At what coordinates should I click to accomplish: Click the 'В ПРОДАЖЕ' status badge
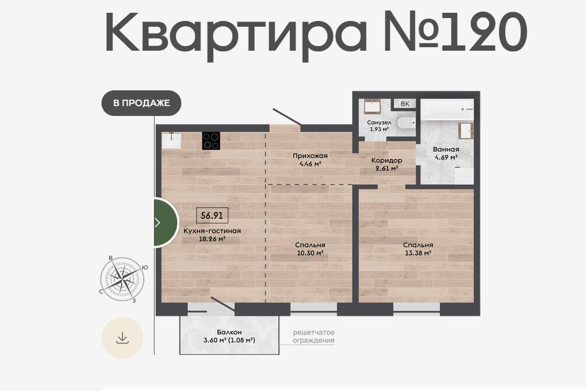tap(141, 103)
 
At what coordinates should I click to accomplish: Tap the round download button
tap(122, 338)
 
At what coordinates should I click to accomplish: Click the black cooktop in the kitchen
tap(211, 141)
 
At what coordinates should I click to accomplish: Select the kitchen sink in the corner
tap(171, 140)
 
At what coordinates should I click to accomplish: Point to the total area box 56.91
tap(212, 216)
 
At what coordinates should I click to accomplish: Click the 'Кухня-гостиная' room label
tap(212, 231)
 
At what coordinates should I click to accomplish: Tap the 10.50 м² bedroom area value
tap(310, 253)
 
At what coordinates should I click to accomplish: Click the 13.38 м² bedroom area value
tap(418, 253)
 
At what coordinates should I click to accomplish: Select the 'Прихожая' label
tap(310, 156)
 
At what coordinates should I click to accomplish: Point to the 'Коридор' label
tap(387, 160)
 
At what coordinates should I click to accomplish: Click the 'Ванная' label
tap(446, 149)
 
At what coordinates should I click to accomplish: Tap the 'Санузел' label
tap(380, 122)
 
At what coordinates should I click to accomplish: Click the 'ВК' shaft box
tap(405, 104)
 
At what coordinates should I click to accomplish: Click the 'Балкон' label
tap(229, 332)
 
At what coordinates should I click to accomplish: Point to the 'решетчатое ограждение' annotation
tap(314, 336)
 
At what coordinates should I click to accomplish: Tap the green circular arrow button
tap(166, 223)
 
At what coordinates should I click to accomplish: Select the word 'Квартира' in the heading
tap(236, 34)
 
